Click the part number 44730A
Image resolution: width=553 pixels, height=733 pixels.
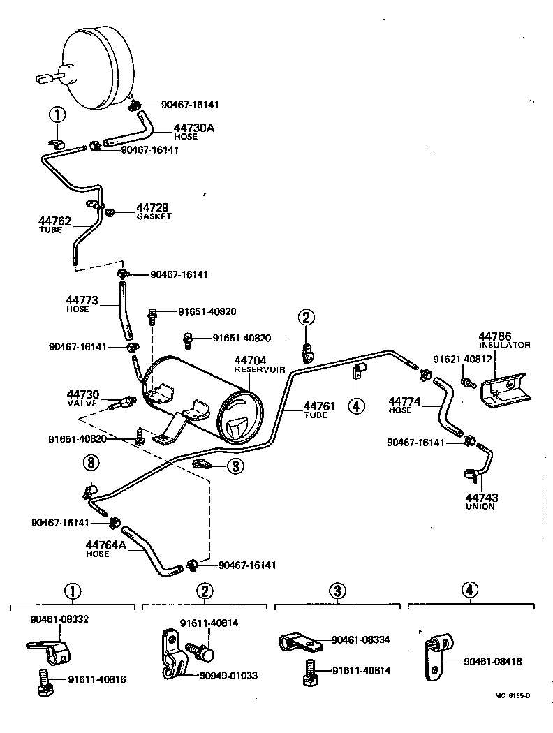click(x=176, y=128)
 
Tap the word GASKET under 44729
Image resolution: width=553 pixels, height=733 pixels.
click(x=154, y=216)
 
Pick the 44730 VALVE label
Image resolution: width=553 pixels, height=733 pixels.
click(x=82, y=398)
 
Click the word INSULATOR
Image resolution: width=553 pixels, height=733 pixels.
click(x=504, y=345)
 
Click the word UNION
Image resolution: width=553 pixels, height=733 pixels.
click(x=480, y=506)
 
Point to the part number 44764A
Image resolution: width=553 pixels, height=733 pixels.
click(x=106, y=545)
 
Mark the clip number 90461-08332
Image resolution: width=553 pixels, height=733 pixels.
click(x=59, y=619)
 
